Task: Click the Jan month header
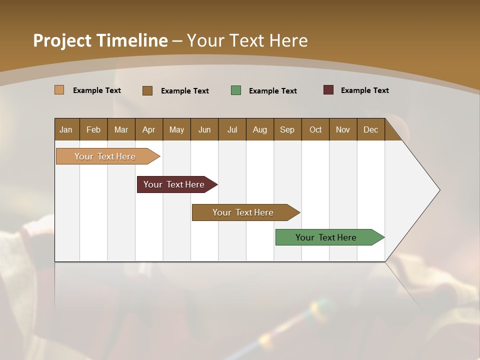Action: (66, 129)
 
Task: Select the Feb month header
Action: (93, 129)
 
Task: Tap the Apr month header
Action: (148, 129)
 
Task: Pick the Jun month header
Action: (204, 129)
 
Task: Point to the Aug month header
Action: (259, 129)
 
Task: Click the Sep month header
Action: (287, 129)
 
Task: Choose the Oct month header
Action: (315, 129)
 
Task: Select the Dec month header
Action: (370, 129)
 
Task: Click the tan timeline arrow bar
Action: (105, 156)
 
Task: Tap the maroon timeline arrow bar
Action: (174, 184)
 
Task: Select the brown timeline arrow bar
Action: (243, 212)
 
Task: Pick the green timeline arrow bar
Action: (326, 237)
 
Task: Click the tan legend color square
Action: (59, 90)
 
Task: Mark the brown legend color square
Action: (147, 90)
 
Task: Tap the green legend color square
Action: (236, 90)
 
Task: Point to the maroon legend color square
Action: (328, 90)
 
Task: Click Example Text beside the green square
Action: (273, 91)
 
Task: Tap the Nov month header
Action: (343, 129)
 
